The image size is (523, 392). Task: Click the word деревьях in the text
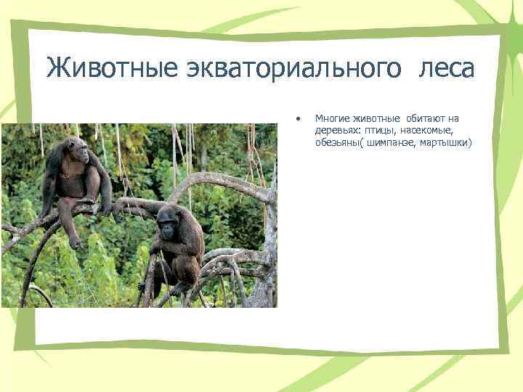pyautogui.click(x=336, y=130)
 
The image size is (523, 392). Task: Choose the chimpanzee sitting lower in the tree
pyautogui.click(x=174, y=243)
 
